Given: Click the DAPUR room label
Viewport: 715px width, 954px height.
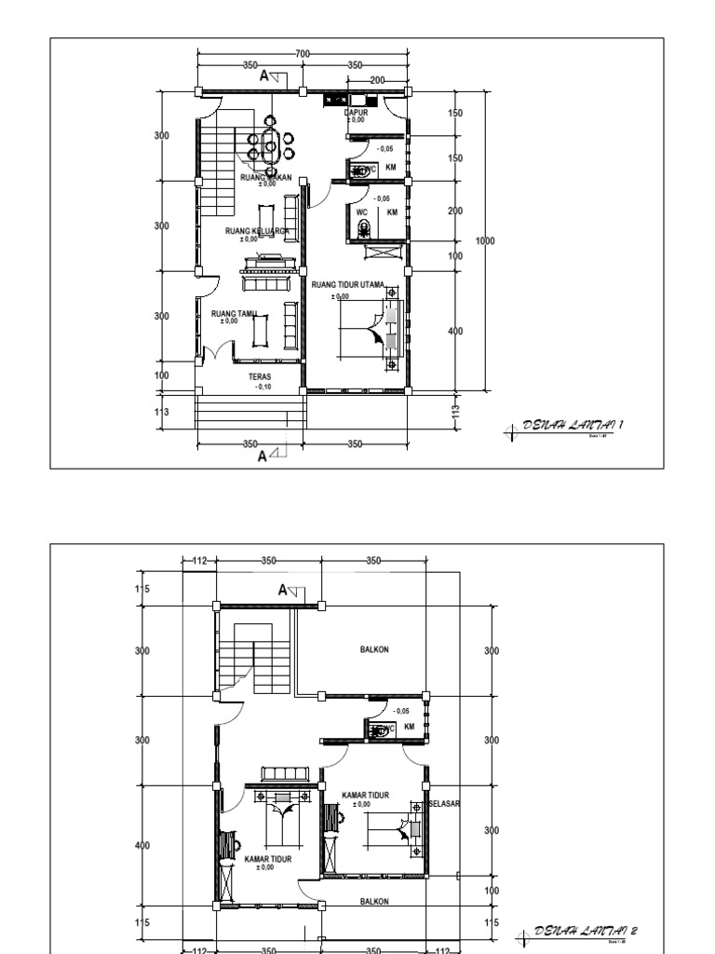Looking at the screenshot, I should coord(357,112).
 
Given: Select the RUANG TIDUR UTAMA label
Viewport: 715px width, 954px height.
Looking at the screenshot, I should coord(347,284).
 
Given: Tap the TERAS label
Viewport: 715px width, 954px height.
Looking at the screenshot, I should coord(260,377).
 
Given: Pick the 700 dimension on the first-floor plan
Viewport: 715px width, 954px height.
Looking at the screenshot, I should coord(303,55).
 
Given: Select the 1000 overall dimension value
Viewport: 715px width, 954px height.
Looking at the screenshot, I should coord(485,240).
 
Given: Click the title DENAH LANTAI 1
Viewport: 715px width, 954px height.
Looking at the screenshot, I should coord(572,425).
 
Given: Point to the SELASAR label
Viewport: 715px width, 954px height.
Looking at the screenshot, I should coord(444,802).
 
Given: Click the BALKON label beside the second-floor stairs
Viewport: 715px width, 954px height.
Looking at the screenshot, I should coord(374,650).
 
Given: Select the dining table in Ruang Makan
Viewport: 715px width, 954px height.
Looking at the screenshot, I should coord(270,147).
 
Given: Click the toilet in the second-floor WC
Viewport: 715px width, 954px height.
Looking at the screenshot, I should coord(377,731).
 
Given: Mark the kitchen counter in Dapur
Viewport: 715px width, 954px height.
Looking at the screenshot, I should coord(336,98).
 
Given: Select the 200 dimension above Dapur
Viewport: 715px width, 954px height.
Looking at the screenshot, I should coord(376,81).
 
